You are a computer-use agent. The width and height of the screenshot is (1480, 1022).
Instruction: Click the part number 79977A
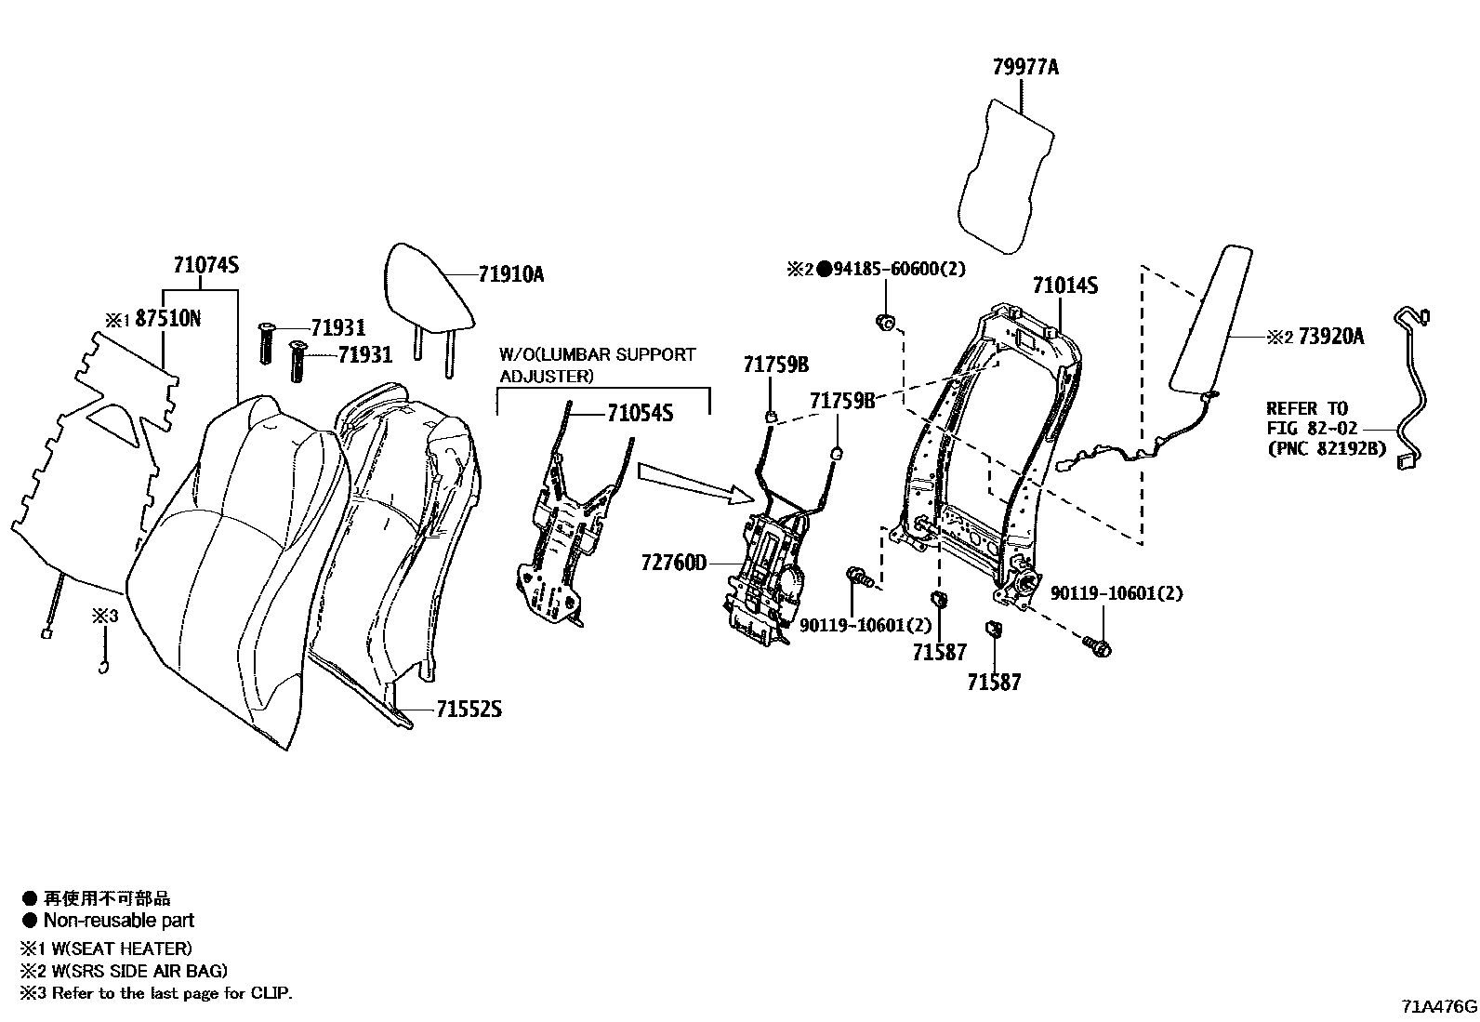tap(1024, 68)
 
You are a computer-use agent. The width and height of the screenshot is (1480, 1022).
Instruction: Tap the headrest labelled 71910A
tap(431, 288)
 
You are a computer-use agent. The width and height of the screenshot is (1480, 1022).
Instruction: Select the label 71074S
tap(205, 265)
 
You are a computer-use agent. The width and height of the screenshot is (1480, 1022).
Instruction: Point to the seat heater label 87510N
tap(167, 319)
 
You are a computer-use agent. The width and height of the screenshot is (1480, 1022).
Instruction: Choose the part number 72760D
tap(673, 563)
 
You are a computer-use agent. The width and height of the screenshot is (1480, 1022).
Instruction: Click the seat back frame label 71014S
tap(1064, 285)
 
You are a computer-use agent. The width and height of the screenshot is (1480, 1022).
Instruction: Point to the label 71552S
tap(469, 710)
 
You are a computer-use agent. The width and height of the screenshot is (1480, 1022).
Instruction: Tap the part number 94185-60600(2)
tap(899, 270)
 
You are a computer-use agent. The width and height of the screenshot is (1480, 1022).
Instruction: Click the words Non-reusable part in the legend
tap(119, 921)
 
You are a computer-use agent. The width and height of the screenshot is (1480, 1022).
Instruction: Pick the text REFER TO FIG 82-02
tap(1311, 418)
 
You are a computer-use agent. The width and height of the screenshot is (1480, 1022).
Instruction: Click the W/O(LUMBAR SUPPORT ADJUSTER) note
tap(597, 365)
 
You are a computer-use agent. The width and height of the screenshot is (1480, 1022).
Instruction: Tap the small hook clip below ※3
tap(105, 664)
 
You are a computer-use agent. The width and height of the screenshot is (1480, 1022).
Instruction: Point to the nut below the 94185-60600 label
tap(885, 323)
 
